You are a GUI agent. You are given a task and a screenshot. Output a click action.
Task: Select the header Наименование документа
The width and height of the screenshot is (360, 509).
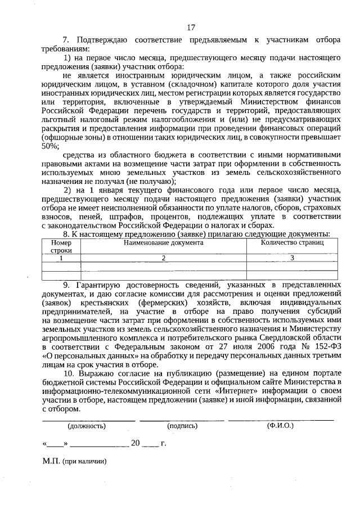pos(164,243)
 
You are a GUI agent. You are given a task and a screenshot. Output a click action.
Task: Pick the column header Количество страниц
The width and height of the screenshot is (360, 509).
pos(292,243)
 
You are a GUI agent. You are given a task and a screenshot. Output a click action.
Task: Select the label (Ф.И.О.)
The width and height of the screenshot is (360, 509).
pos(280,426)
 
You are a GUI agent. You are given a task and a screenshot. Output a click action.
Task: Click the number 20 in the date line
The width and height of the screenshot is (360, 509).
pos(135,443)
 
